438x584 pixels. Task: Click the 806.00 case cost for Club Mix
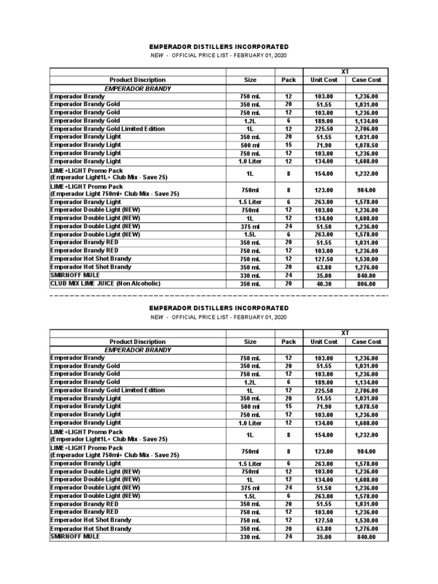coord(366,283)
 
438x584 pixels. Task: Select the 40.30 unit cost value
coord(323,283)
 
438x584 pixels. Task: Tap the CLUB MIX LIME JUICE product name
coord(106,283)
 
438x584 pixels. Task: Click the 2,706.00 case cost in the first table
coord(366,129)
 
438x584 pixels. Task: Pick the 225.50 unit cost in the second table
coord(323,391)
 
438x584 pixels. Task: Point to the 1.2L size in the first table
coord(250,121)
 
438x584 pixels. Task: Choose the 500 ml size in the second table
coord(250,407)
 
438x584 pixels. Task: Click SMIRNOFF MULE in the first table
coord(75,275)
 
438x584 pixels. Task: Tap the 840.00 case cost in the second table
coord(366,537)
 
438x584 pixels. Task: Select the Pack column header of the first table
coord(289,80)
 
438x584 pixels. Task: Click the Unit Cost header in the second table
coord(323,342)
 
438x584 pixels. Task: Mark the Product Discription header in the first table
coord(137,80)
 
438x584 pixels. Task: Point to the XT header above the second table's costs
coord(345,333)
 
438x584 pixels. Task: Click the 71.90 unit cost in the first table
coord(323,145)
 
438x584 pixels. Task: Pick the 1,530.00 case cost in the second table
coord(366,520)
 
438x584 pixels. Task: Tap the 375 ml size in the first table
coord(250,226)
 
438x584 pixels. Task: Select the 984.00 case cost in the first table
coord(366,190)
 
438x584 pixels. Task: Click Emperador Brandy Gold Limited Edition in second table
coord(107,390)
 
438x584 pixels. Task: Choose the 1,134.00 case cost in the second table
coord(366,382)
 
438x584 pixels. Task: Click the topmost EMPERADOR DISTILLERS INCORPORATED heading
coord(219,47)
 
